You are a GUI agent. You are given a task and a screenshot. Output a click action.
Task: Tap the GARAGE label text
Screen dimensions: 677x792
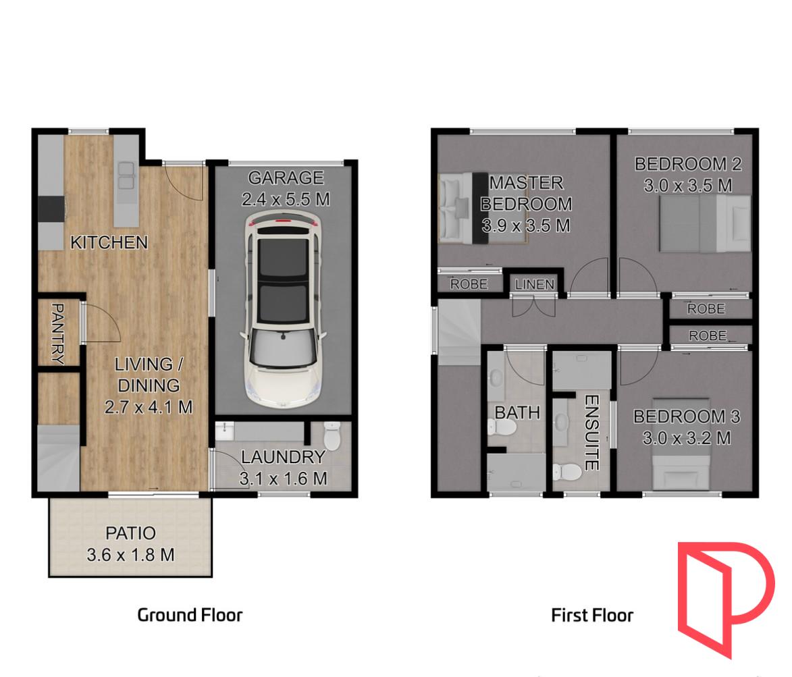286,178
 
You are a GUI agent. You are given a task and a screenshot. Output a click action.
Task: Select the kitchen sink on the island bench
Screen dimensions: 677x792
125,176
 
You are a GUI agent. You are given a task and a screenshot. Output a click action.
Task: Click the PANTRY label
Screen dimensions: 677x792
57,333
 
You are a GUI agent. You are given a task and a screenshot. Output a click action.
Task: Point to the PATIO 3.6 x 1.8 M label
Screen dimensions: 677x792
131,545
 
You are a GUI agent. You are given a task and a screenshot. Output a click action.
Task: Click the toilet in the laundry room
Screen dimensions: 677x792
332,435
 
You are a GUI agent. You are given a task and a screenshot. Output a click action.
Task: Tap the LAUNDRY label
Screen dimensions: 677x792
283,458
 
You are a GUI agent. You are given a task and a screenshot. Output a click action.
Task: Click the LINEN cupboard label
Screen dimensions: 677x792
535,285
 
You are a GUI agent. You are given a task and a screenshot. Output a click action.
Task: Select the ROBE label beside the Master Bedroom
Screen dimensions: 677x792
469,284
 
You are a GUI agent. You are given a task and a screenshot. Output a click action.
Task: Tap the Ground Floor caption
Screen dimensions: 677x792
190,615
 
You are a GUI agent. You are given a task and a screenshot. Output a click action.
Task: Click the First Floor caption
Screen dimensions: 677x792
592,615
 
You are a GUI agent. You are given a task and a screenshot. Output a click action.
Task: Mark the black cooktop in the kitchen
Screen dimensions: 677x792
51,209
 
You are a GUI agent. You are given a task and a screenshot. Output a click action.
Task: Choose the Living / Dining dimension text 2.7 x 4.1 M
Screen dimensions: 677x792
149,407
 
